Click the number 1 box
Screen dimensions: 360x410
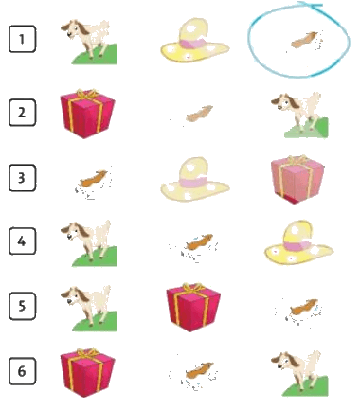22,39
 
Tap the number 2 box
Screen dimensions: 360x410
22,113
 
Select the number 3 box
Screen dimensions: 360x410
22,178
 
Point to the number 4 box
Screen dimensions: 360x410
22,241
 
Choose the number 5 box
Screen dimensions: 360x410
22,306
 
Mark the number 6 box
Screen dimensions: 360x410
22,371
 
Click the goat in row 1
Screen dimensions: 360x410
89,42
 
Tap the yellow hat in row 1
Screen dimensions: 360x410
195,40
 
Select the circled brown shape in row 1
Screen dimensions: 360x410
304,41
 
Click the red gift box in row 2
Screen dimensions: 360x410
87,114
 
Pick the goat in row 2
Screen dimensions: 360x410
299,116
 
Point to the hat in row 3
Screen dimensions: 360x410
195,179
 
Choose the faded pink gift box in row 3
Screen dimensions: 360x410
297,179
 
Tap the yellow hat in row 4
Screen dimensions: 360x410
299,242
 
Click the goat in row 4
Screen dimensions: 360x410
89,243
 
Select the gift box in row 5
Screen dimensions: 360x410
193,308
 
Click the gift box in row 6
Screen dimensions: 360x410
87,372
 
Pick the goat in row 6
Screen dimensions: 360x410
299,373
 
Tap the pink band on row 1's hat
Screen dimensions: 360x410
193,44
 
